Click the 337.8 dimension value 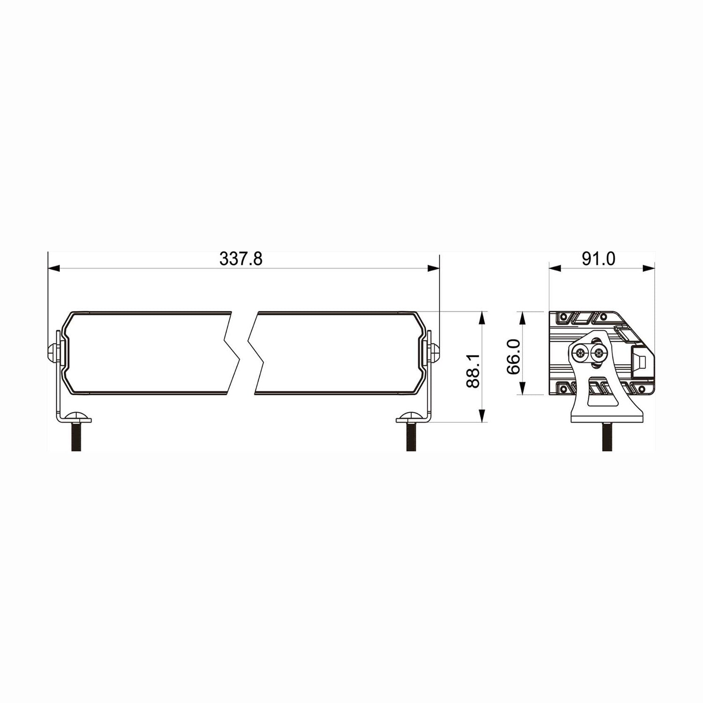coord(241,259)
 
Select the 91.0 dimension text coord(598,259)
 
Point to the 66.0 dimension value coord(514,356)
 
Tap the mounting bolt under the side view coord(608,436)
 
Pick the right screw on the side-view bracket coord(598,354)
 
